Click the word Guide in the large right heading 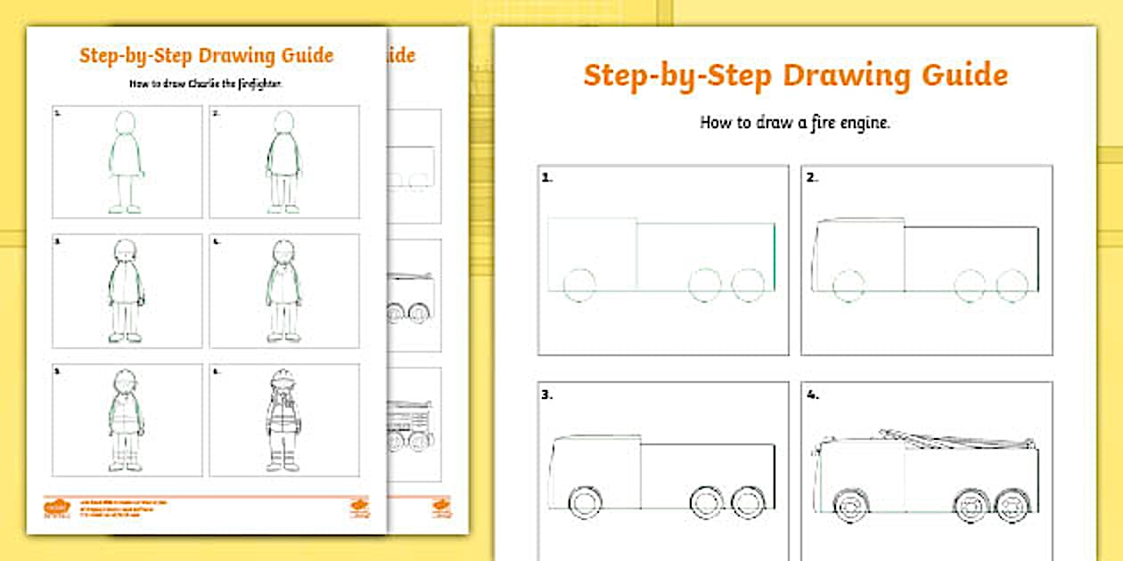(963, 76)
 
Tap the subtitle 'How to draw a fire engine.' (795, 123)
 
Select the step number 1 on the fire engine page (546, 177)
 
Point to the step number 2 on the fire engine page (811, 177)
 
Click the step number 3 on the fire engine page (546, 394)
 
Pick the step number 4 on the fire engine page (812, 394)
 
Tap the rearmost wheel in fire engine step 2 (1012, 286)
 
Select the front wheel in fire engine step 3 (585, 502)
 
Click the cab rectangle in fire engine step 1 (592, 253)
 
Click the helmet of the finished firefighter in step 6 (283, 378)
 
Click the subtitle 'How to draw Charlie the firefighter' (206, 84)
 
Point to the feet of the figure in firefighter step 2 (283, 209)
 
